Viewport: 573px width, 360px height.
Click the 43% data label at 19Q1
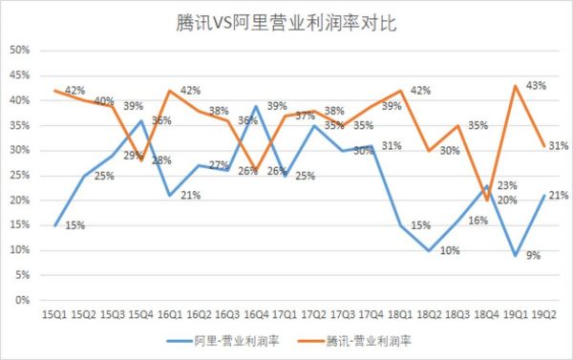(536, 86)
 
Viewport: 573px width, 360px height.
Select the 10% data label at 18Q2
(449, 250)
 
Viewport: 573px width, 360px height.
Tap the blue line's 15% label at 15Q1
(76, 226)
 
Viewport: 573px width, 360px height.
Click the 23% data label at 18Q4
(506, 185)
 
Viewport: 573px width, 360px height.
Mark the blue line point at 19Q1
(516, 255)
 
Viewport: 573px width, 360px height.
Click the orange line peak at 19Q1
(516, 86)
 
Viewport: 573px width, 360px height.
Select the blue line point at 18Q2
(430, 250)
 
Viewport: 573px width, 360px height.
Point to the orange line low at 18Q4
(487, 200)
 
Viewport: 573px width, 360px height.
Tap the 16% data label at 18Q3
(477, 221)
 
